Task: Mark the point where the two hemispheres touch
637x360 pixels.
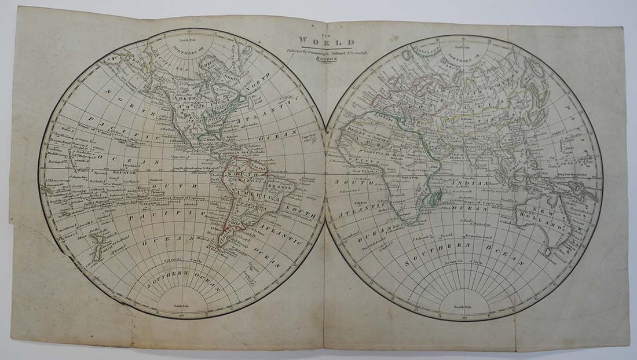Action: [325, 173]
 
